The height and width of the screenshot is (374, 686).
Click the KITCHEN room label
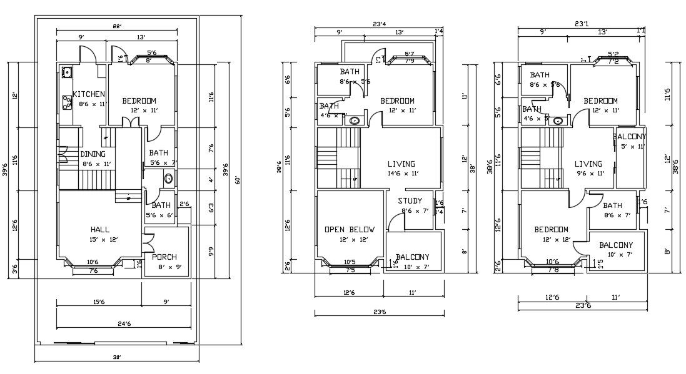[89, 94]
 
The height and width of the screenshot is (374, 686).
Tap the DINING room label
[93, 154]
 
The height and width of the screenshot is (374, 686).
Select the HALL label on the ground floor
[100, 229]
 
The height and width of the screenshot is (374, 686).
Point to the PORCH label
[164, 257]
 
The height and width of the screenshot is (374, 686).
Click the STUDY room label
[410, 201]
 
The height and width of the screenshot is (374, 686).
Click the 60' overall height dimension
[238, 180]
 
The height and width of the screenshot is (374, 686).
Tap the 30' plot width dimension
[116, 357]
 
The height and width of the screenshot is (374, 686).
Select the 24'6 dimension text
[123, 323]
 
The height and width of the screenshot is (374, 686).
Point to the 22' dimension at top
[116, 26]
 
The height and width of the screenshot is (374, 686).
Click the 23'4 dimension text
[379, 25]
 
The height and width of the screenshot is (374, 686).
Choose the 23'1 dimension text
[582, 25]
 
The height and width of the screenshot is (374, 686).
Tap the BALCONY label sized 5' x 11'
[630, 137]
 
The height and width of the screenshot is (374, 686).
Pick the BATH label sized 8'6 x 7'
[612, 205]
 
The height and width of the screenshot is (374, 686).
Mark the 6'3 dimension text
[211, 206]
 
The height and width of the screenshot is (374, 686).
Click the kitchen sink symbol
[66, 72]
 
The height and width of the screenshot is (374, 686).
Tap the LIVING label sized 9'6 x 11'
[588, 164]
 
